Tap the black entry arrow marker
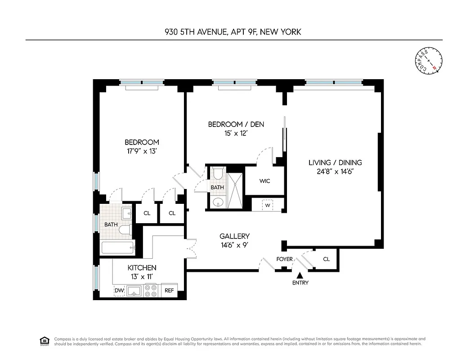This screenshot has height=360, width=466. [x=300, y=275]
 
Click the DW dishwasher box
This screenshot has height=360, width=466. [x=119, y=291]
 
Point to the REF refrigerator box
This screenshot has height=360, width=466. [x=169, y=291]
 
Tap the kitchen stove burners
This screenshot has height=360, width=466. [x=151, y=291]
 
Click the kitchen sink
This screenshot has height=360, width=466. [x=134, y=292]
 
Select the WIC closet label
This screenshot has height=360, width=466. [x=264, y=181]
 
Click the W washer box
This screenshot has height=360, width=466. [x=268, y=205]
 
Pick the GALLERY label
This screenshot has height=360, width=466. [x=234, y=236]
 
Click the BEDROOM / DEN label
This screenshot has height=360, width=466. [x=236, y=124]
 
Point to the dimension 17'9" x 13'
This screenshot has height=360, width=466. [x=141, y=151]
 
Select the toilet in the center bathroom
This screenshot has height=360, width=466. [x=218, y=174]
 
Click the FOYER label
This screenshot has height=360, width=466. [x=284, y=259]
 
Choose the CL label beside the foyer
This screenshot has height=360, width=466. [x=327, y=259]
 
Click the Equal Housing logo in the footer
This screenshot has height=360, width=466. [x=45, y=341]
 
